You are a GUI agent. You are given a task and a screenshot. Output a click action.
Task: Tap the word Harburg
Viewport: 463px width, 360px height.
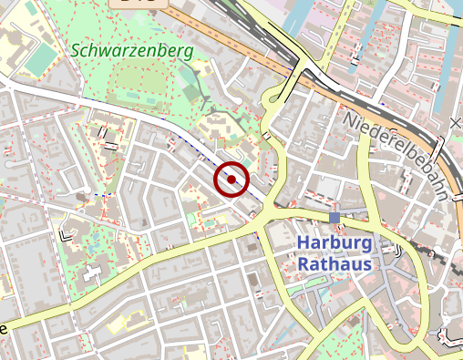(334, 244)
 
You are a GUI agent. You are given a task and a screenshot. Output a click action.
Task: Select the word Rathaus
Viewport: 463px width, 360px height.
(334, 263)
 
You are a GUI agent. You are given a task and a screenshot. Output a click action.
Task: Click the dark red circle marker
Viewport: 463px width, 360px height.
(231, 180)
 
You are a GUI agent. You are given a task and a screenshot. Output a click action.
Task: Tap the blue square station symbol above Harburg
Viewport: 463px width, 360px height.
(334, 218)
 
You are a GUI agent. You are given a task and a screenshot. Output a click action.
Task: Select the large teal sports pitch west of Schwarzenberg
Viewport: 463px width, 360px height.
(40, 60)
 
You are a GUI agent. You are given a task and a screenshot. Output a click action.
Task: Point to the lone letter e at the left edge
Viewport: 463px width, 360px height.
(4, 328)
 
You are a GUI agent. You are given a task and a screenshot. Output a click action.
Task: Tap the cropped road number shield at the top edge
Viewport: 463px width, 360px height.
(137, 4)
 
